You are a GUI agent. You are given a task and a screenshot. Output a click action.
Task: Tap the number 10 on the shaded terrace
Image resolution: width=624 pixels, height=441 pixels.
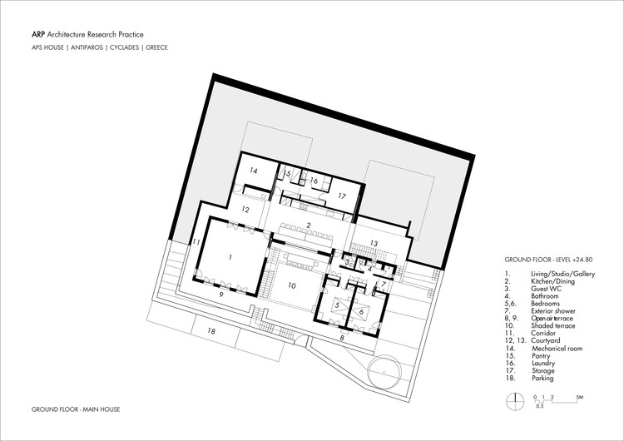coord(292,285)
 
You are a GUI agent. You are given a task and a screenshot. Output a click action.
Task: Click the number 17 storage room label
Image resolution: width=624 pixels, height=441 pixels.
coord(341,196)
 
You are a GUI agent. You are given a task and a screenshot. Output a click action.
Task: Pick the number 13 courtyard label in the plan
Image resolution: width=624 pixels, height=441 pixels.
coord(374,242)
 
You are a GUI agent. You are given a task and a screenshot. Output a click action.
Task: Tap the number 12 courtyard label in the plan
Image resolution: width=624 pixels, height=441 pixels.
coord(245,211)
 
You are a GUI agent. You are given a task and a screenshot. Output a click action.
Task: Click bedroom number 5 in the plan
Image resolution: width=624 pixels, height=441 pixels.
coord(337,305)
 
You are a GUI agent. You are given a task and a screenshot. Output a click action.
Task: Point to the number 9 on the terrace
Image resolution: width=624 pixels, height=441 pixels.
coord(221,294)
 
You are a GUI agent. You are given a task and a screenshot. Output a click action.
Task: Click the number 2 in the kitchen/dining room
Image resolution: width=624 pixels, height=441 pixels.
coord(308,225)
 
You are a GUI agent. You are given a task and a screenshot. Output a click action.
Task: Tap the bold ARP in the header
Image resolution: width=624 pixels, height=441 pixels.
coord(38,34)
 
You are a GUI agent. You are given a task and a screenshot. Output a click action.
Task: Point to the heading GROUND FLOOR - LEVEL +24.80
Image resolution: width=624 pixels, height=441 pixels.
coord(550,260)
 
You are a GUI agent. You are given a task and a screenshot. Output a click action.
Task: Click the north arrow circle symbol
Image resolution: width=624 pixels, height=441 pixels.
coord(515,399)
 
